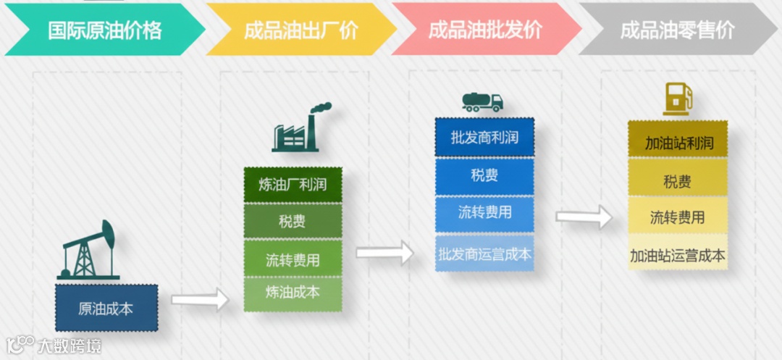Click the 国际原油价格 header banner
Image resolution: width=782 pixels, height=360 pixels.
tap(105, 30)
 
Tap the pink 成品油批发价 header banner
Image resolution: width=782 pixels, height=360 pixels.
tap(485, 30)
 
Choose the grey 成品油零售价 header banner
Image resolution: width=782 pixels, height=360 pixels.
tap(677, 30)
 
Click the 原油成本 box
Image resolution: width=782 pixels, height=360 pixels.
tap(106, 308)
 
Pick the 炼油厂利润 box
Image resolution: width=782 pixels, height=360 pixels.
tap(293, 185)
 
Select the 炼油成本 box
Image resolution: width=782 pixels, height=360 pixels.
tap(293, 293)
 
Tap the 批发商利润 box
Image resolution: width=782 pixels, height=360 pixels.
tap(484, 138)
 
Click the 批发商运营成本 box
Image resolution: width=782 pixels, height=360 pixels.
tap(484, 254)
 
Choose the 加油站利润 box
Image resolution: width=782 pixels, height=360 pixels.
tap(677, 143)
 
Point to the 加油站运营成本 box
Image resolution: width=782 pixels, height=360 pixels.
tap(677, 255)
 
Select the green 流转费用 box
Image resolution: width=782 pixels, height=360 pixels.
tap(293, 258)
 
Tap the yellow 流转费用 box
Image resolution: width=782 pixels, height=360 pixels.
tap(677, 217)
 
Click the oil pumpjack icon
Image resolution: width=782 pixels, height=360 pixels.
tap(88, 250)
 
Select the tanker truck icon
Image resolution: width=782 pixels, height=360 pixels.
tap(482, 102)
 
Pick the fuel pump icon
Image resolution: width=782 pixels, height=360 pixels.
tap(677, 99)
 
